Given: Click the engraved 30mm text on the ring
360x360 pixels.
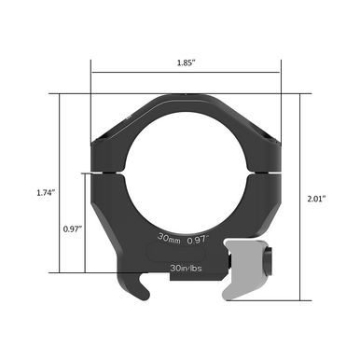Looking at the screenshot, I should coord(170,238).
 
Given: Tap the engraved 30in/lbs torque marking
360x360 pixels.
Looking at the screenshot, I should coord(187,268).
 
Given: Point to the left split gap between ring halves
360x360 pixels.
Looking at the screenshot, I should coord(105,173).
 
